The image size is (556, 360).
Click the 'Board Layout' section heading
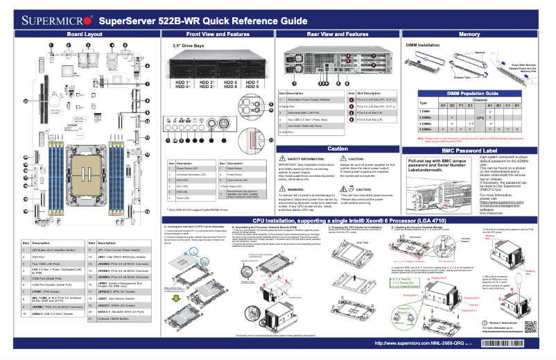coord(85,34)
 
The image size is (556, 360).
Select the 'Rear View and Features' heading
coord(337,34)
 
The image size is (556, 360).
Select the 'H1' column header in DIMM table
coord(442,105)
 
